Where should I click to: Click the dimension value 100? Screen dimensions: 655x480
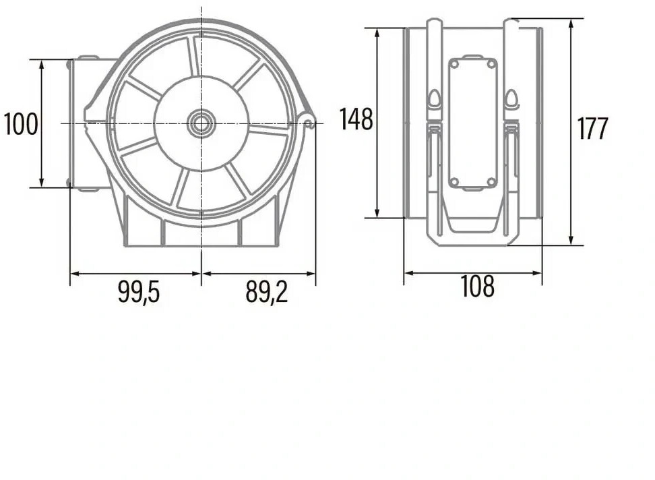pyautogui.click(x=21, y=124)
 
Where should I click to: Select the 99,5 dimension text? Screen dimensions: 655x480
pyautogui.click(x=139, y=292)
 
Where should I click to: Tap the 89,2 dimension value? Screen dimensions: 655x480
pyautogui.click(x=266, y=292)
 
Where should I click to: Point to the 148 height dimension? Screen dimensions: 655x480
pyautogui.click(x=356, y=119)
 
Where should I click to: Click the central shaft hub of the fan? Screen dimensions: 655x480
pyautogui.click(x=201, y=123)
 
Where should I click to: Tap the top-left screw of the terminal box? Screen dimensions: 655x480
pyautogui.click(x=454, y=64)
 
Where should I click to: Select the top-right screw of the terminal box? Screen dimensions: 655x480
pyautogui.click(x=491, y=64)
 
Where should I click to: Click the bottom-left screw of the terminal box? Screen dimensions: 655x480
pyautogui.click(x=454, y=182)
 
